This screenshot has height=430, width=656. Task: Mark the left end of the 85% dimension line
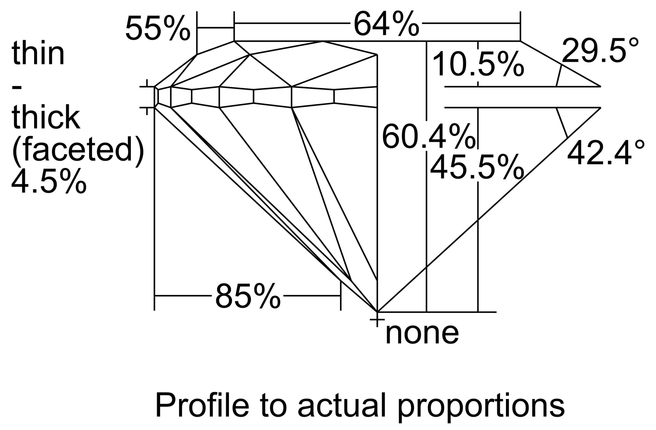(154, 296)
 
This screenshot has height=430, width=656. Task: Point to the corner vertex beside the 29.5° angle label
(601, 86)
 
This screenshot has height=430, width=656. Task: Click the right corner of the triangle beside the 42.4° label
(601, 108)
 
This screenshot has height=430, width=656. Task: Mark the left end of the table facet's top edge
(234, 41)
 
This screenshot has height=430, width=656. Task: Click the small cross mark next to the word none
(377, 319)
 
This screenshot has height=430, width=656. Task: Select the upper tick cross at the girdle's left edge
(147, 87)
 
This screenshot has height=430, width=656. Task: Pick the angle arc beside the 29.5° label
(559, 75)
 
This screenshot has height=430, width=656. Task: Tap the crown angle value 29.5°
(600, 50)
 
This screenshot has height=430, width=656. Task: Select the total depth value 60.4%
(428, 137)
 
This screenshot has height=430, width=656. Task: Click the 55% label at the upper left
(158, 28)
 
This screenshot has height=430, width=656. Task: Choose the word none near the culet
(422, 334)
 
